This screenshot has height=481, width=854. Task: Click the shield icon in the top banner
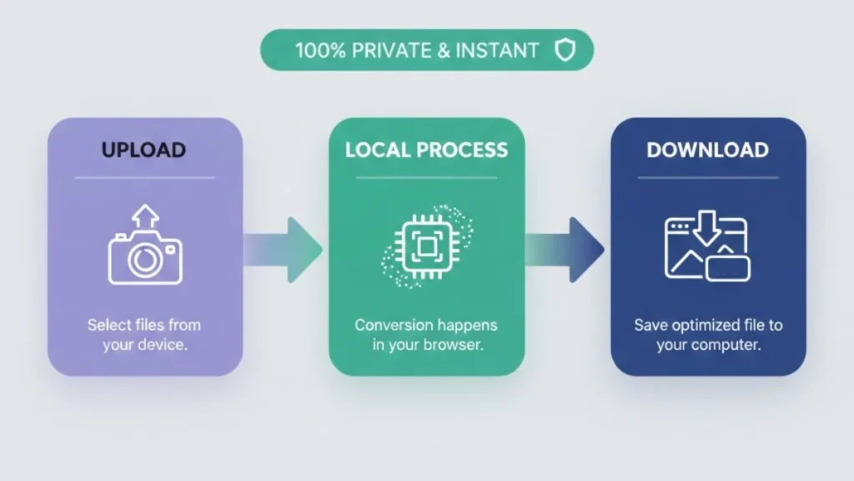click(x=565, y=51)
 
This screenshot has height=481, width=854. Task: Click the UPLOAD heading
click(x=143, y=150)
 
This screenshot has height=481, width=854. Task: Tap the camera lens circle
click(x=145, y=260)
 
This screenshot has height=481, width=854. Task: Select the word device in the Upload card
click(x=163, y=344)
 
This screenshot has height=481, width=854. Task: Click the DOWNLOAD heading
click(x=707, y=150)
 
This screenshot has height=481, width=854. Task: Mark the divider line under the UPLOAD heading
click(x=144, y=177)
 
